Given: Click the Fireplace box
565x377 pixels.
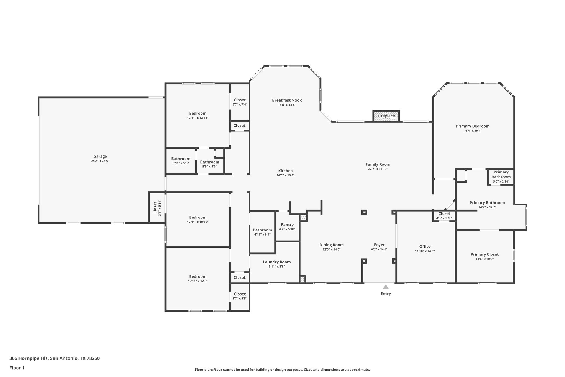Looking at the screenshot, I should click(x=386, y=116).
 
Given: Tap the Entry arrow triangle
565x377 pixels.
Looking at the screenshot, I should click(x=386, y=287).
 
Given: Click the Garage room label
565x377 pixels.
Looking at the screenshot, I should click(x=100, y=156).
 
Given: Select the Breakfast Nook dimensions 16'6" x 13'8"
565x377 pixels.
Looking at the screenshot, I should click(x=287, y=105).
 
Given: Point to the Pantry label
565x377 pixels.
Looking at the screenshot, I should click(x=287, y=225).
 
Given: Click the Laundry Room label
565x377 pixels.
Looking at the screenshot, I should click(x=277, y=262).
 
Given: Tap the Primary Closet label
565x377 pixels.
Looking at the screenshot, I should click(x=484, y=254).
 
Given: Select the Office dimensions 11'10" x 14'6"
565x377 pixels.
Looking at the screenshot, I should click(x=425, y=251).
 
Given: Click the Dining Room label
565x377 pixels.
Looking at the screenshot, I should click(x=332, y=245).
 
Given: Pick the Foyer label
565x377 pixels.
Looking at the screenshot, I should click(x=379, y=245).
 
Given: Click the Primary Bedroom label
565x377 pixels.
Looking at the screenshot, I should click(x=473, y=126).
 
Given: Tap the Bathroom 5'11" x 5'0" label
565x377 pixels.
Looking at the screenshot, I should click(x=180, y=159).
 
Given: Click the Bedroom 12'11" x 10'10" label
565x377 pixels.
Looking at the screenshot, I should click(x=198, y=217).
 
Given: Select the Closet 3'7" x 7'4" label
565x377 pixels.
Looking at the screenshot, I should click(x=239, y=100).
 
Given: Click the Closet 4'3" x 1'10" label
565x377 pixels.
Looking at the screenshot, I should click(x=444, y=213).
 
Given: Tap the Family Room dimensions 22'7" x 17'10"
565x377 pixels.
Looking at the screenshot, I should click(x=378, y=169).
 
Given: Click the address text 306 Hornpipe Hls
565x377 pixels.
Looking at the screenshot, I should click(x=29, y=358).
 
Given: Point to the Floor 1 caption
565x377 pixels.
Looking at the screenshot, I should click(x=17, y=368).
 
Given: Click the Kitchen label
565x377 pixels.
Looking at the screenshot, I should click(x=286, y=171).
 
